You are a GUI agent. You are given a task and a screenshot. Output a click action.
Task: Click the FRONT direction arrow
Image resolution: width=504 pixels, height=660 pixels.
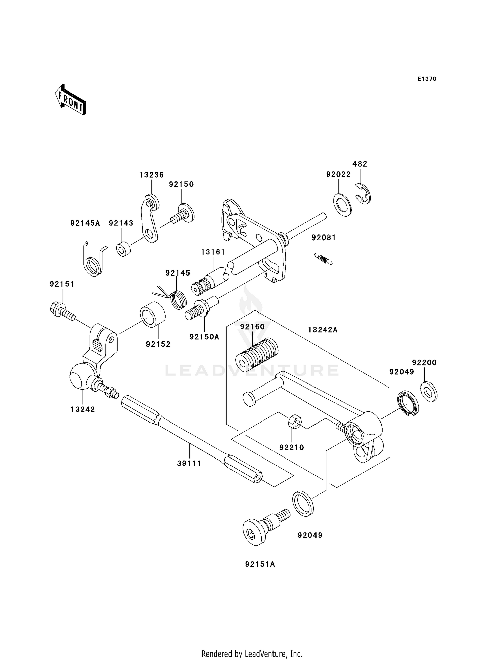click(71, 100)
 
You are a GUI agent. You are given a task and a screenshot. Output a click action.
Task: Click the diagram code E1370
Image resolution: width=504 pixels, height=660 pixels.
click(427, 79)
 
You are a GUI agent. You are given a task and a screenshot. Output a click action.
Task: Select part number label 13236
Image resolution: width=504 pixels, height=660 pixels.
click(152, 175)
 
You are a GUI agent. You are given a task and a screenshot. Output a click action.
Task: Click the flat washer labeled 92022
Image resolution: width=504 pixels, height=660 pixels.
click(342, 205)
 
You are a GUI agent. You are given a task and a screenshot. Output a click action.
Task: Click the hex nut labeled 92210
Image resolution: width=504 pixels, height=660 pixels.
click(295, 421)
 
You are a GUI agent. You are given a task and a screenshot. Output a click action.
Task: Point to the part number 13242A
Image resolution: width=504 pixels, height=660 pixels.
click(323, 330)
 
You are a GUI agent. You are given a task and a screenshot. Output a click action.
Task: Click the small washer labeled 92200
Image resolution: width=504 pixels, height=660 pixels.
click(429, 392)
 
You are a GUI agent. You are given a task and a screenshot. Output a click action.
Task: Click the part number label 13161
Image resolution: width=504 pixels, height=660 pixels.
click(213, 252)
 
